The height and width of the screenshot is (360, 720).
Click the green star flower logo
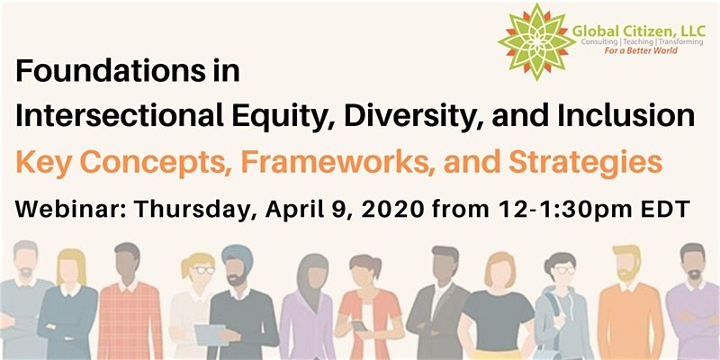pyautogui.click(x=536, y=41)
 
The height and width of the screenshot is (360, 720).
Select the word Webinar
pyautogui.click(x=70, y=209)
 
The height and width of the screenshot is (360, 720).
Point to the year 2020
pyautogui.click(x=392, y=209)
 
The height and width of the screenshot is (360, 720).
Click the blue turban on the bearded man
pyautogui.click(x=238, y=255)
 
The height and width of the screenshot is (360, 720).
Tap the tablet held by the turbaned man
pyautogui.click(x=211, y=334)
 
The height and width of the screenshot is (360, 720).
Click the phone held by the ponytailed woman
pyautogui.click(x=358, y=325)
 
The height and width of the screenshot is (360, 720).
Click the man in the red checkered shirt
pyautogui.click(x=129, y=303)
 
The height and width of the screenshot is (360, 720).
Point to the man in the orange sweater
pyautogui.click(x=631, y=303)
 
